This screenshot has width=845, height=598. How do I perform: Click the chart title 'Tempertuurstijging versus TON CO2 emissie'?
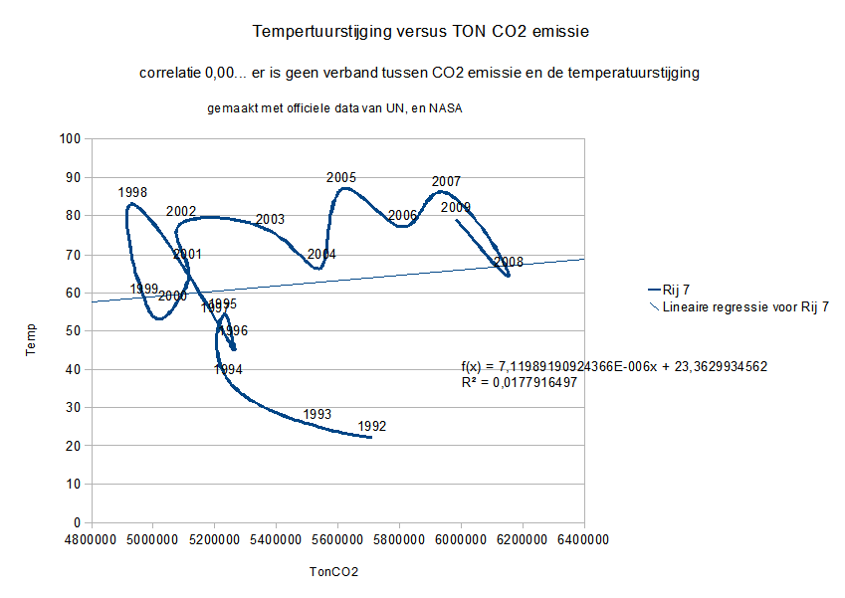pos(422,31)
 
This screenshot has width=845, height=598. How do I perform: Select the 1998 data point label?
pos(132,192)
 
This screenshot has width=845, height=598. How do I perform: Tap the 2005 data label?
pos(341,178)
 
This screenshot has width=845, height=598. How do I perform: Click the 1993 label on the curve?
pos(317,414)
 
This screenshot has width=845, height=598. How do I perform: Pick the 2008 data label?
pos(508,262)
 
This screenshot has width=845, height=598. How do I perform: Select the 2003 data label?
pos(270,219)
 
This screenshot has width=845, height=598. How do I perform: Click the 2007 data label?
pos(446,182)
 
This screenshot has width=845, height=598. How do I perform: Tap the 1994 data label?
pos(228,370)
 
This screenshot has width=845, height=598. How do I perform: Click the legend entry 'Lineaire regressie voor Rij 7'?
pos(745,307)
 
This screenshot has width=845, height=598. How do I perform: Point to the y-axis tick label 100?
pos(69,139)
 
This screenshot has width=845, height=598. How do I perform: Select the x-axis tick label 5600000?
pos(337,540)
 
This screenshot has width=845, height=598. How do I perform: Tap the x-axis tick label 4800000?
pos(91,540)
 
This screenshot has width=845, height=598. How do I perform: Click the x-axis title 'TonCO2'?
pos(334,572)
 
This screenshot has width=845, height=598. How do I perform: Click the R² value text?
pos(520,382)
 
